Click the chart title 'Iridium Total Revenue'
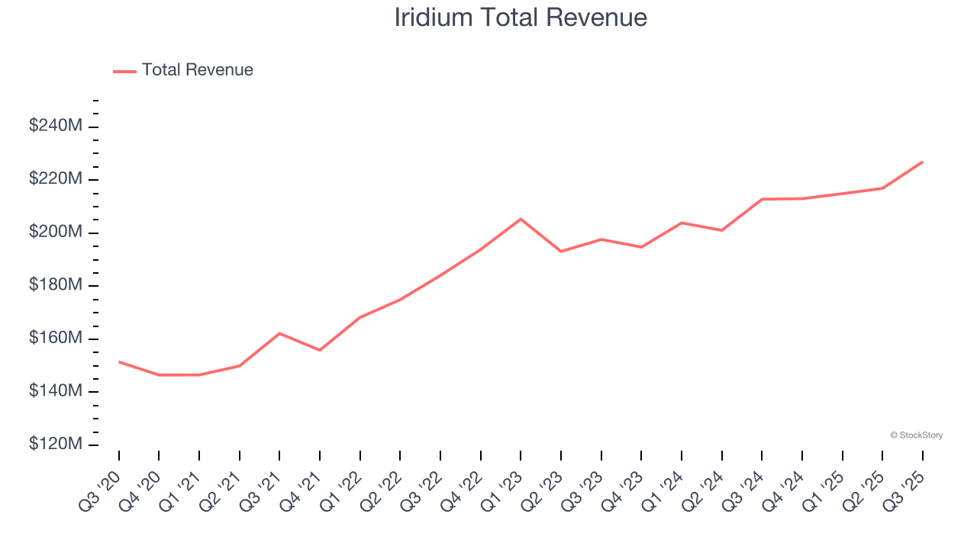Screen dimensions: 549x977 [521, 17]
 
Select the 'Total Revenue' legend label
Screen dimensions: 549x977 [197, 70]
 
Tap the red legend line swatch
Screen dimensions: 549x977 [124, 71]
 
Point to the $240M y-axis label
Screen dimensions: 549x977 [55, 126]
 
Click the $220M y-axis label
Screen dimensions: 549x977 [55, 179]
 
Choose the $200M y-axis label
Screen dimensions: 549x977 [55, 232]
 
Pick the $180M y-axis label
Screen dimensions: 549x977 [55, 285]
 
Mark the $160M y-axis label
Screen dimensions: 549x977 [55, 338]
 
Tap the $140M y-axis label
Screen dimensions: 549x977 [55, 391]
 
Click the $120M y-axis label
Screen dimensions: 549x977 [55, 445]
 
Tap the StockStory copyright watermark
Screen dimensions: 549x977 [916, 435]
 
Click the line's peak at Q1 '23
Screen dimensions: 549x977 [521, 219]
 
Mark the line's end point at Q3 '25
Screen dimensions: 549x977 [922, 162]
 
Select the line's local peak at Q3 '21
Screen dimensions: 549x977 [279, 333]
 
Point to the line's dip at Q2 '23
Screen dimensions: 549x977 [561, 251]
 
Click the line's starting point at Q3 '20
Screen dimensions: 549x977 [119, 361]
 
